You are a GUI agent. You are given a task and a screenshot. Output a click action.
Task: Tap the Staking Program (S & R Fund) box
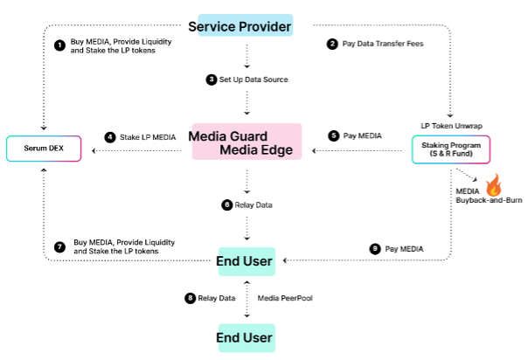tap(451, 149)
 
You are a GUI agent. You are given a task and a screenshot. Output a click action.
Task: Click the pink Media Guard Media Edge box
tap(247, 142)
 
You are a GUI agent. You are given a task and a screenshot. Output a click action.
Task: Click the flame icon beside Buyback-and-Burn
tap(495, 184)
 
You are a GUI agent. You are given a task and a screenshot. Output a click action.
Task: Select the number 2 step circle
tap(332, 43)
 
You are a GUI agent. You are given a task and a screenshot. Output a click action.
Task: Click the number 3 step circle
tap(211, 80)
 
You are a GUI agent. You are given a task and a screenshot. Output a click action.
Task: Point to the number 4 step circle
tap(110, 137)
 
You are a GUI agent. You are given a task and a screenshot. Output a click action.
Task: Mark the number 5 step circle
tap(333, 135)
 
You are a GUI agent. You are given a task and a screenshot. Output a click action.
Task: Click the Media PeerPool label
tap(287, 298)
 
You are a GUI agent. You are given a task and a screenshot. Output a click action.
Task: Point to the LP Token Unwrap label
tap(452, 126)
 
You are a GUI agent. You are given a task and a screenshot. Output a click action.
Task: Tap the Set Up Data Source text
tap(254, 80)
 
